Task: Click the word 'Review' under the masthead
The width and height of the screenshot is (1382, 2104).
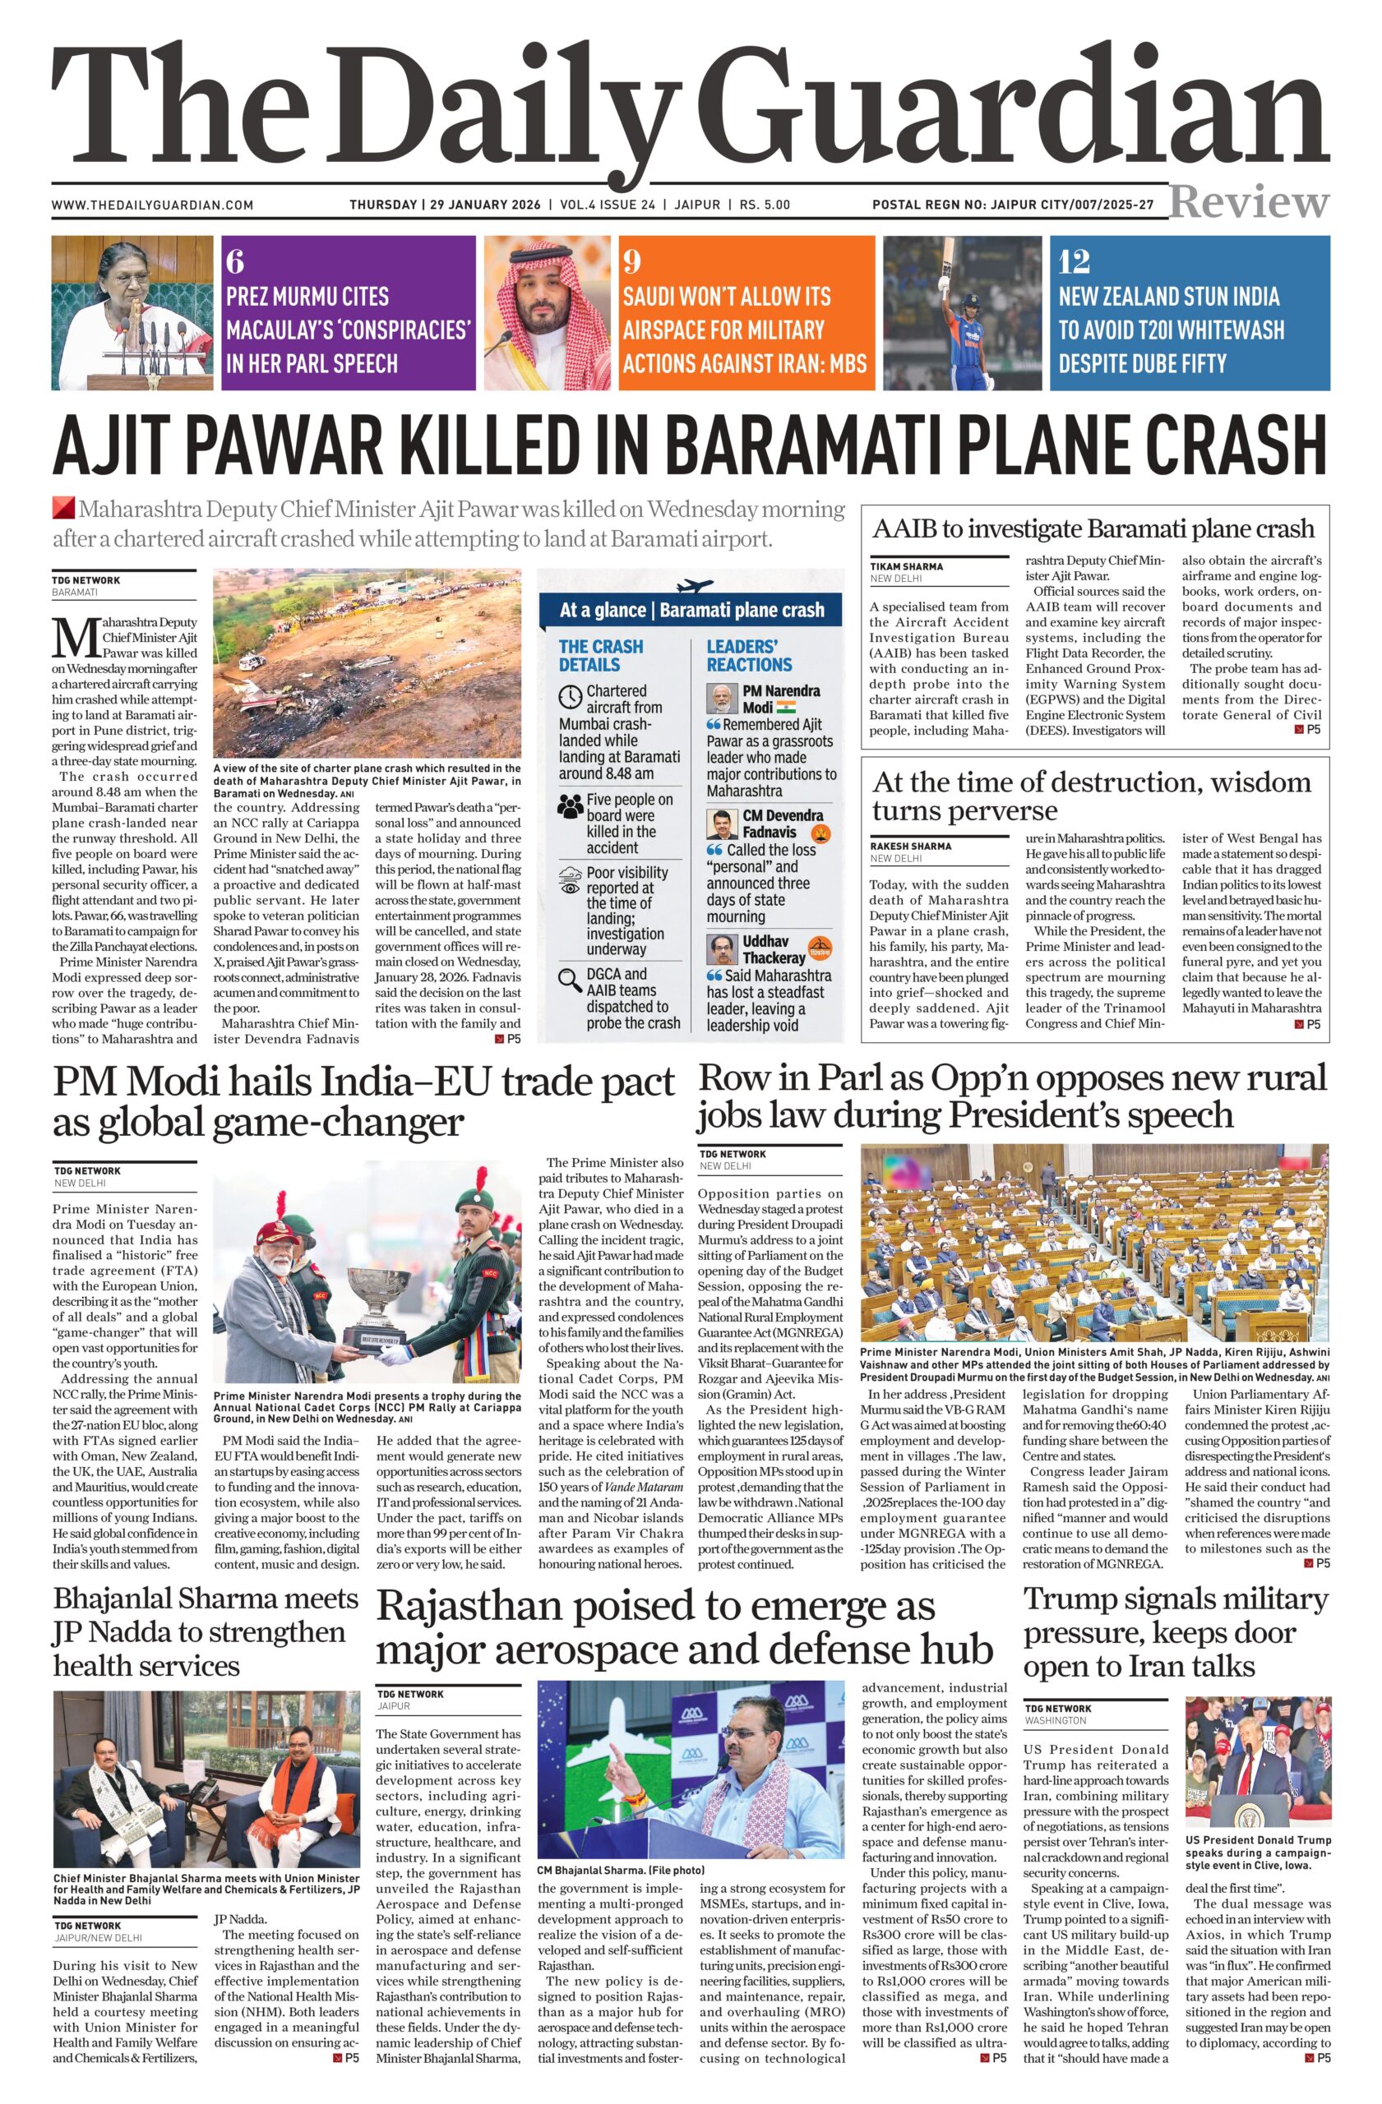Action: pos(1249,202)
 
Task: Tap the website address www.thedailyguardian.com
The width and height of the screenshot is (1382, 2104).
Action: pos(152,205)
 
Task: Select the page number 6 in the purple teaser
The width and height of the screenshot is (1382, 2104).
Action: pos(234,261)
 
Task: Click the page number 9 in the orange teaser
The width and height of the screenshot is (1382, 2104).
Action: pos(631,261)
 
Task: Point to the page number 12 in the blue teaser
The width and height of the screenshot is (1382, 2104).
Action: pos(1075,261)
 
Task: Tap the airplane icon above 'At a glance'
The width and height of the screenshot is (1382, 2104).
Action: pos(693,586)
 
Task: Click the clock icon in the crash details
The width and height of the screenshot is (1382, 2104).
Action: pos(571,697)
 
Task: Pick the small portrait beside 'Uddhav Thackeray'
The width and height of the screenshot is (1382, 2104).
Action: pos(723,948)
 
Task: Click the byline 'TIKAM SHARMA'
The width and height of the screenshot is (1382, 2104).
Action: pos(906,565)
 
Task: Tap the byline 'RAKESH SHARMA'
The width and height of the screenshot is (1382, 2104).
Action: pos(911,846)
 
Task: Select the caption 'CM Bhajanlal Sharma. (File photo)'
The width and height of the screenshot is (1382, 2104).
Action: pos(620,1871)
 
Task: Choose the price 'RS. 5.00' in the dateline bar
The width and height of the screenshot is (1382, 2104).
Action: pos(765,205)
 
